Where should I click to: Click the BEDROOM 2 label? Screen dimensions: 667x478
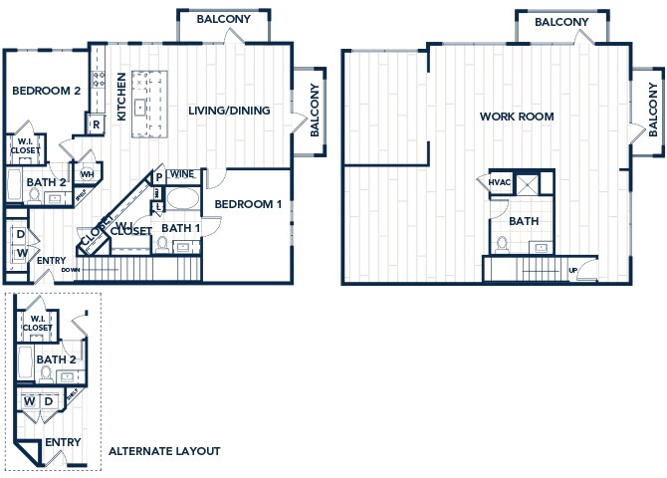(x=46, y=91)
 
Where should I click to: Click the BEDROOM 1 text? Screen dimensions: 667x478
(x=249, y=204)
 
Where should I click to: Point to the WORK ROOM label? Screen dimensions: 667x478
(x=517, y=117)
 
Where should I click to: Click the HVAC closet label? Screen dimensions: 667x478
(x=500, y=182)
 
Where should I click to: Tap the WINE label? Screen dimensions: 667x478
(x=181, y=174)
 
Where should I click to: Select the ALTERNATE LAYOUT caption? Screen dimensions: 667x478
(x=164, y=451)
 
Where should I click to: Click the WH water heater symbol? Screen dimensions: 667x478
(x=87, y=174)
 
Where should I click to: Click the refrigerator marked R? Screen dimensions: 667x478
(x=95, y=124)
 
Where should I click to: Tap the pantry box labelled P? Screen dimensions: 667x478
(x=157, y=178)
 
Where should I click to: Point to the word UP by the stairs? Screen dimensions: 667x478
(x=571, y=270)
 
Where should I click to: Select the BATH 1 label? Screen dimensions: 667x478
(x=180, y=228)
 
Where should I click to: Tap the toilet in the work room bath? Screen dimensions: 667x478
(x=502, y=245)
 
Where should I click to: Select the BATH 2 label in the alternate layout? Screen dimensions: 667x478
(x=56, y=359)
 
